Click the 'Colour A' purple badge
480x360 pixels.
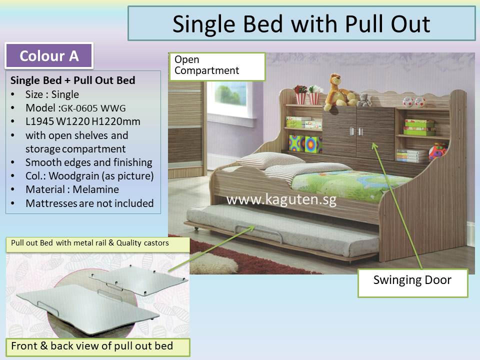[49, 55]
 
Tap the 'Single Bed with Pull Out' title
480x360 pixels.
[301, 23]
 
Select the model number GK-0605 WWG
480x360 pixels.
[93, 108]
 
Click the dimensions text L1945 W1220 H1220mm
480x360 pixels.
[83, 121]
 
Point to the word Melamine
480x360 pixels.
[96, 189]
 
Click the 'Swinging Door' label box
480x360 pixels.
[412, 283]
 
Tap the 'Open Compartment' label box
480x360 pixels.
[217, 66]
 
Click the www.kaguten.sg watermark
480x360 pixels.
[281, 199]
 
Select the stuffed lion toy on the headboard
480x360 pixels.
[338, 91]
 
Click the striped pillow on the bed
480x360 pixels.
[271, 160]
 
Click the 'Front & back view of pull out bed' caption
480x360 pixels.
[92, 346]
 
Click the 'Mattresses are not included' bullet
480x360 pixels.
[89, 203]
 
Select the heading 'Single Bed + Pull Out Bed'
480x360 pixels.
[73, 80]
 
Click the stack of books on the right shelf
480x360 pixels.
[411, 155]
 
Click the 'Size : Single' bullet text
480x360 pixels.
[52, 94]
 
